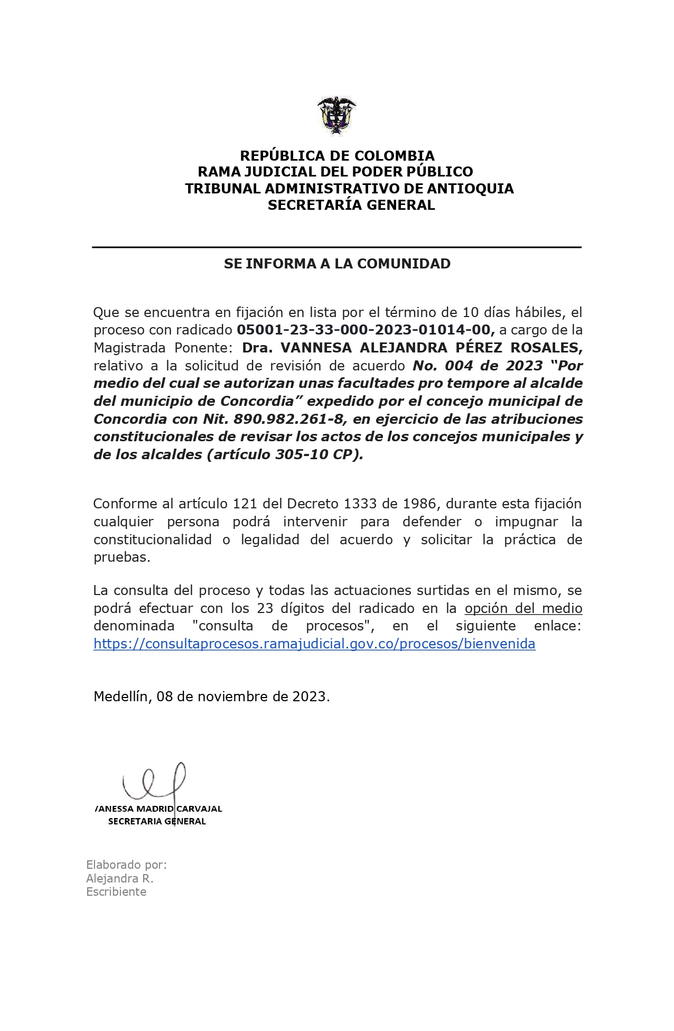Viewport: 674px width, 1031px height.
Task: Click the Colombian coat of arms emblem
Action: (336, 116)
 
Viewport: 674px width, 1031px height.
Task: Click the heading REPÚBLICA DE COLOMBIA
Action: (337, 156)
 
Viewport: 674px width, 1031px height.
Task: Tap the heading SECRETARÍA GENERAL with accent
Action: (351, 205)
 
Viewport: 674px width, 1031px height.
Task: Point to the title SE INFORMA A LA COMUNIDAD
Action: (337, 264)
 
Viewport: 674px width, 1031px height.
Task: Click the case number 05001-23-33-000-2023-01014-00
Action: (364, 330)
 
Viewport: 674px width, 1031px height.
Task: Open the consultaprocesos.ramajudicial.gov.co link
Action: (314, 644)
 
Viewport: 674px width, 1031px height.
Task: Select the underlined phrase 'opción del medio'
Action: (523, 608)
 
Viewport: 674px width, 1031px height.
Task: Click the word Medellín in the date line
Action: (123, 696)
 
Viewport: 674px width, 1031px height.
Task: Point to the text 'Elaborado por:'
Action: (126, 865)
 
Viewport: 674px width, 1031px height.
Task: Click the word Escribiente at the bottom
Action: (116, 891)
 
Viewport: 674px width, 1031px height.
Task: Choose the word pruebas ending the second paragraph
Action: (121, 558)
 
